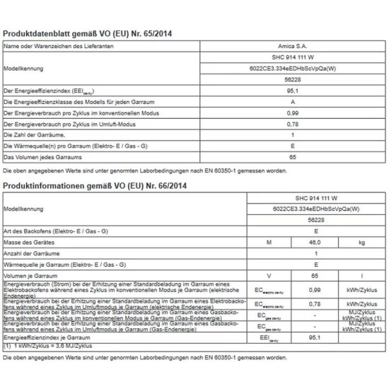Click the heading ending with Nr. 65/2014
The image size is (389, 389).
88,33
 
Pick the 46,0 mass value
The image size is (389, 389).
312,243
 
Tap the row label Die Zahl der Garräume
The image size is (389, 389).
35,134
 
